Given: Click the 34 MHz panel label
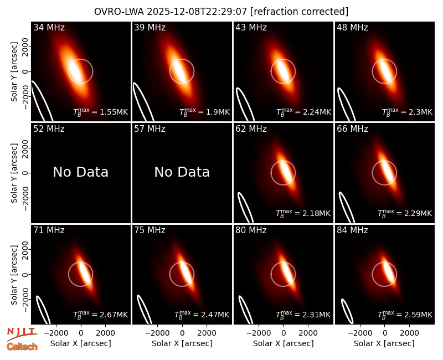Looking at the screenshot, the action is click(x=49, y=27).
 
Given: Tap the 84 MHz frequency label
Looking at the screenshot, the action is click(x=352, y=230).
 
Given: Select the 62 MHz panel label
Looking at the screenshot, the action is click(x=251, y=129).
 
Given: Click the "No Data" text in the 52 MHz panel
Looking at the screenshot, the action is click(x=80, y=172).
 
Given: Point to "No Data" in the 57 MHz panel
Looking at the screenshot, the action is click(x=182, y=172).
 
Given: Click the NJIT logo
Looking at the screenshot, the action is click(x=22, y=334).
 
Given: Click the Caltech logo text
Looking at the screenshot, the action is click(x=22, y=347).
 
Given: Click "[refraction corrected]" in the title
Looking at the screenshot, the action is click(x=299, y=12).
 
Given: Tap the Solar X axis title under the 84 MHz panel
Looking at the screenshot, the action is click(x=384, y=343).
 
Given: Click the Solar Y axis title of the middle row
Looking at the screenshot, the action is click(x=14, y=173).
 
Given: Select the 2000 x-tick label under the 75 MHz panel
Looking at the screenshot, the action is click(x=207, y=333).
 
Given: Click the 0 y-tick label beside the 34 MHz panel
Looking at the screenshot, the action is click(x=26, y=71).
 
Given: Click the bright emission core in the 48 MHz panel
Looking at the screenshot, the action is click(x=384, y=71).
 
